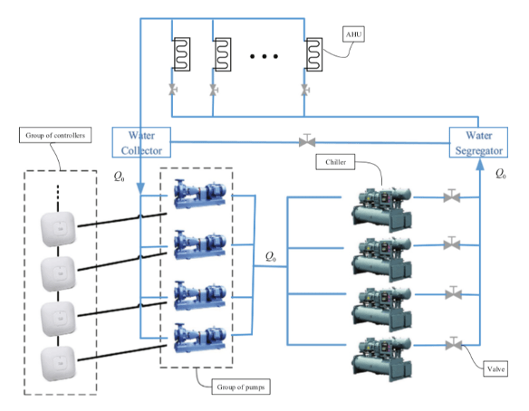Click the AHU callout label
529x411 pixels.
[x=353, y=34]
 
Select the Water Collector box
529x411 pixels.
[x=141, y=142]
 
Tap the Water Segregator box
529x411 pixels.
[x=478, y=142]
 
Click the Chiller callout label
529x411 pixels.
[x=335, y=162]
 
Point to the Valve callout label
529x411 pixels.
[x=495, y=368]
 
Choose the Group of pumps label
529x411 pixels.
[x=241, y=387]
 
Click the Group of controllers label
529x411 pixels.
[x=55, y=135]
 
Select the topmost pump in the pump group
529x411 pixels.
[x=199, y=194]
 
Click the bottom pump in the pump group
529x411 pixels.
[x=199, y=338]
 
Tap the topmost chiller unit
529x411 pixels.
[x=381, y=210]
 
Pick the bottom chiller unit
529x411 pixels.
[x=381, y=359]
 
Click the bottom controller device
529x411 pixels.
[x=58, y=363]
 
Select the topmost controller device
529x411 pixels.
[x=58, y=229]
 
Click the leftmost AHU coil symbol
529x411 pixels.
[x=182, y=54]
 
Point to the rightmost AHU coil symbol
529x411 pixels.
[x=313, y=54]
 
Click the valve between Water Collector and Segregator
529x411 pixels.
[x=307, y=140]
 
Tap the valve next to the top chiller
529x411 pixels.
[x=452, y=196]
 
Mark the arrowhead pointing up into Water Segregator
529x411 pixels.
[x=479, y=164]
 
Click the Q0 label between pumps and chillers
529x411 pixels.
[x=271, y=256]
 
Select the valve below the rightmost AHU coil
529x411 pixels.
[x=305, y=90]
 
